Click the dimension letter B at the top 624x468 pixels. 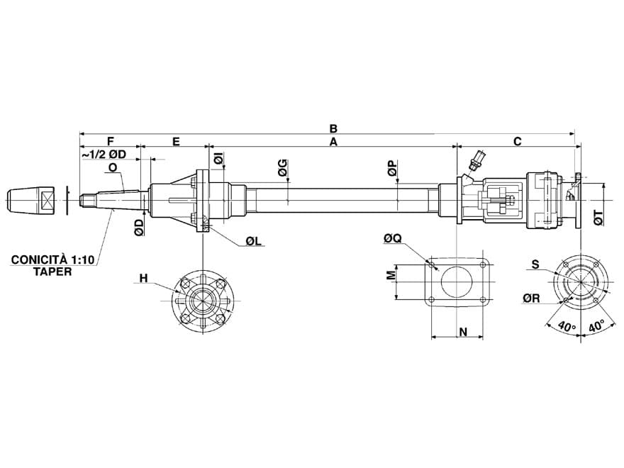pyautogui.click(x=333, y=128)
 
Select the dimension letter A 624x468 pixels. pyautogui.click(x=333, y=142)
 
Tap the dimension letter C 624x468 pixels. pyautogui.click(x=517, y=142)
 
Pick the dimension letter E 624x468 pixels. pyautogui.click(x=175, y=142)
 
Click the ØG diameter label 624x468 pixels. pyautogui.click(x=282, y=168)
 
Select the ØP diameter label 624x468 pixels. pyautogui.click(x=392, y=168)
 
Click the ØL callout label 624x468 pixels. pyautogui.click(x=254, y=242)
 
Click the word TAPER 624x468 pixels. pyautogui.click(x=52, y=272)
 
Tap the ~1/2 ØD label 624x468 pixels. pyautogui.click(x=104, y=155)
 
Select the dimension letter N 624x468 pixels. pyautogui.click(x=461, y=331)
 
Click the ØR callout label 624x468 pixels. pyautogui.click(x=532, y=299)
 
